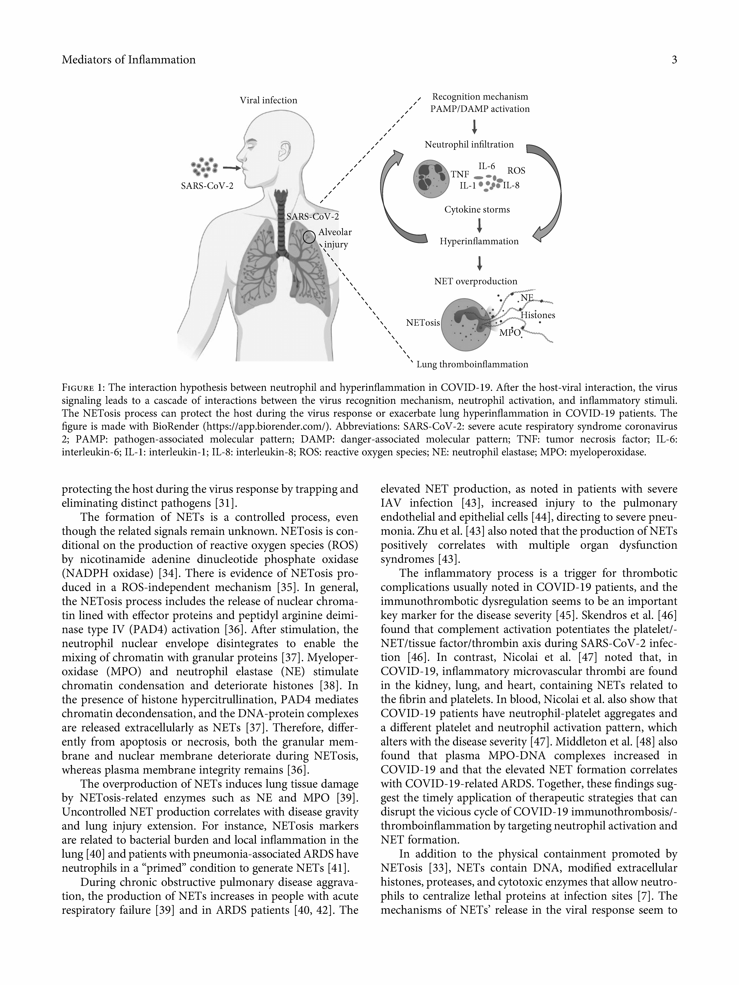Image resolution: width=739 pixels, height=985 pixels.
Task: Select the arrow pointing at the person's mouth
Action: pyautogui.click(x=231, y=168)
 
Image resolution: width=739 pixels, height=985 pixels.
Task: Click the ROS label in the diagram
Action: pyautogui.click(x=516, y=170)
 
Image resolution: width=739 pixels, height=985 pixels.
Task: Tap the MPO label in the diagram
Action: pyautogui.click(x=510, y=333)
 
